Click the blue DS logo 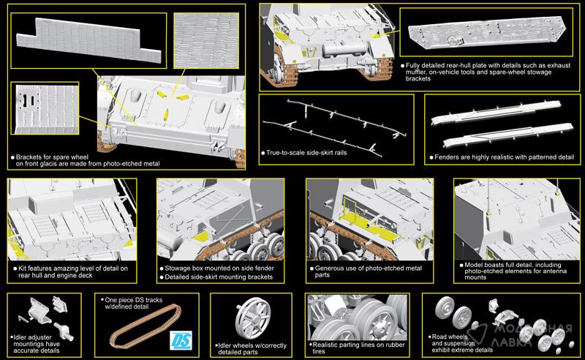click(181, 340)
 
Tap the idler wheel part click(252, 318)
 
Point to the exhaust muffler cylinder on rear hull click(344, 49)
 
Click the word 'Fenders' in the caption click(446, 157)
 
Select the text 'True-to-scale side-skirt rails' click(306, 153)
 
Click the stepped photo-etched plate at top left click(88, 40)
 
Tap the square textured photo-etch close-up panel click(206, 41)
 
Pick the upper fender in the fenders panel click(497, 113)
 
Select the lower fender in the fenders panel click(508, 135)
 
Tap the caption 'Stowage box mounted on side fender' click(219, 268)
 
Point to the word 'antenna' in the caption click(554, 271)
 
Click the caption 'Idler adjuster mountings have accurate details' click(37, 344)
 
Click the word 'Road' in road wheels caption click(440, 337)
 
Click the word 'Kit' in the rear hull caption click(23, 268)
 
